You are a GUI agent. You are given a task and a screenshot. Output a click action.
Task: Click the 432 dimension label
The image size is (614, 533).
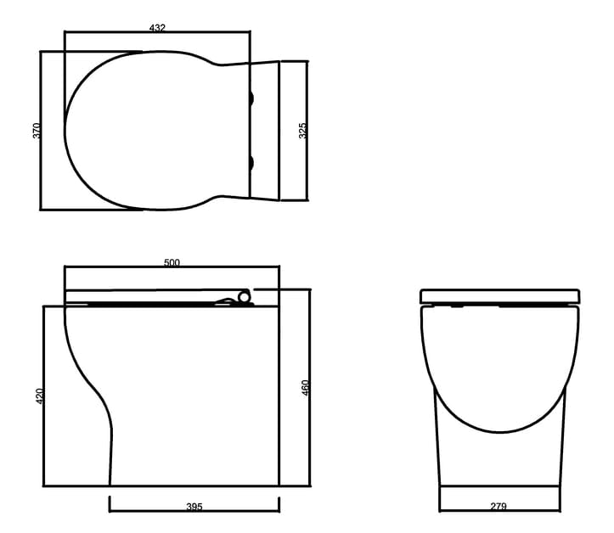click(x=157, y=27)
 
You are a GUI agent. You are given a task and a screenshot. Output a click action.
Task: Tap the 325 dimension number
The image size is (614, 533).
click(x=302, y=131)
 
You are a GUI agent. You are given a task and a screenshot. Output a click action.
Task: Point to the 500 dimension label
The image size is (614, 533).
click(x=172, y=263)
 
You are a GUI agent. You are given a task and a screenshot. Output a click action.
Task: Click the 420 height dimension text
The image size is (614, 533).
click(x=39, y=396)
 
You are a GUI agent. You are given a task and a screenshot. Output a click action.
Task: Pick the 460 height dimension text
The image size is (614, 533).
click(x=306, y=387)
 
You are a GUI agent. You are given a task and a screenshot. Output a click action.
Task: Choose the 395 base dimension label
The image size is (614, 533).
click(x=194, y=507)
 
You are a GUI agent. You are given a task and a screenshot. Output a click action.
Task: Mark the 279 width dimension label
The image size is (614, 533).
click(x=499, y=507)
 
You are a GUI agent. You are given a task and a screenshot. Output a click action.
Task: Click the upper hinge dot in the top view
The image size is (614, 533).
click(x=251, y=99)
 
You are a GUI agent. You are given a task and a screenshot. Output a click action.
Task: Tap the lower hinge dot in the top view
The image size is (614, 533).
click(x=251, y=161)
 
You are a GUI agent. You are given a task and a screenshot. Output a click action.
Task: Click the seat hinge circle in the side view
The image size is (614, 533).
click(x=245, y=297)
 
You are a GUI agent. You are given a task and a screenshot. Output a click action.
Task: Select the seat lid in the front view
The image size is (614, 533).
click(x=501, y=296)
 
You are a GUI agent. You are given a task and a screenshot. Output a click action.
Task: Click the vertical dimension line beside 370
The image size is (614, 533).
click(x=41, y=170)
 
